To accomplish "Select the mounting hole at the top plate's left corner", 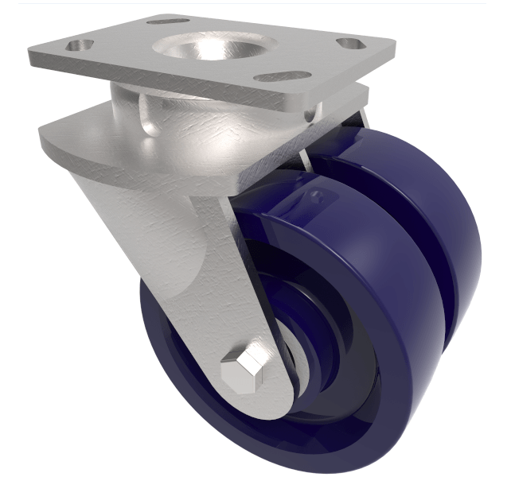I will click(x=78, y=45).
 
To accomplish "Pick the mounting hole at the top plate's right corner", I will click(x=350, y=44).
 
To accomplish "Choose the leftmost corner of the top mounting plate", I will click(x=30, y=56).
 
